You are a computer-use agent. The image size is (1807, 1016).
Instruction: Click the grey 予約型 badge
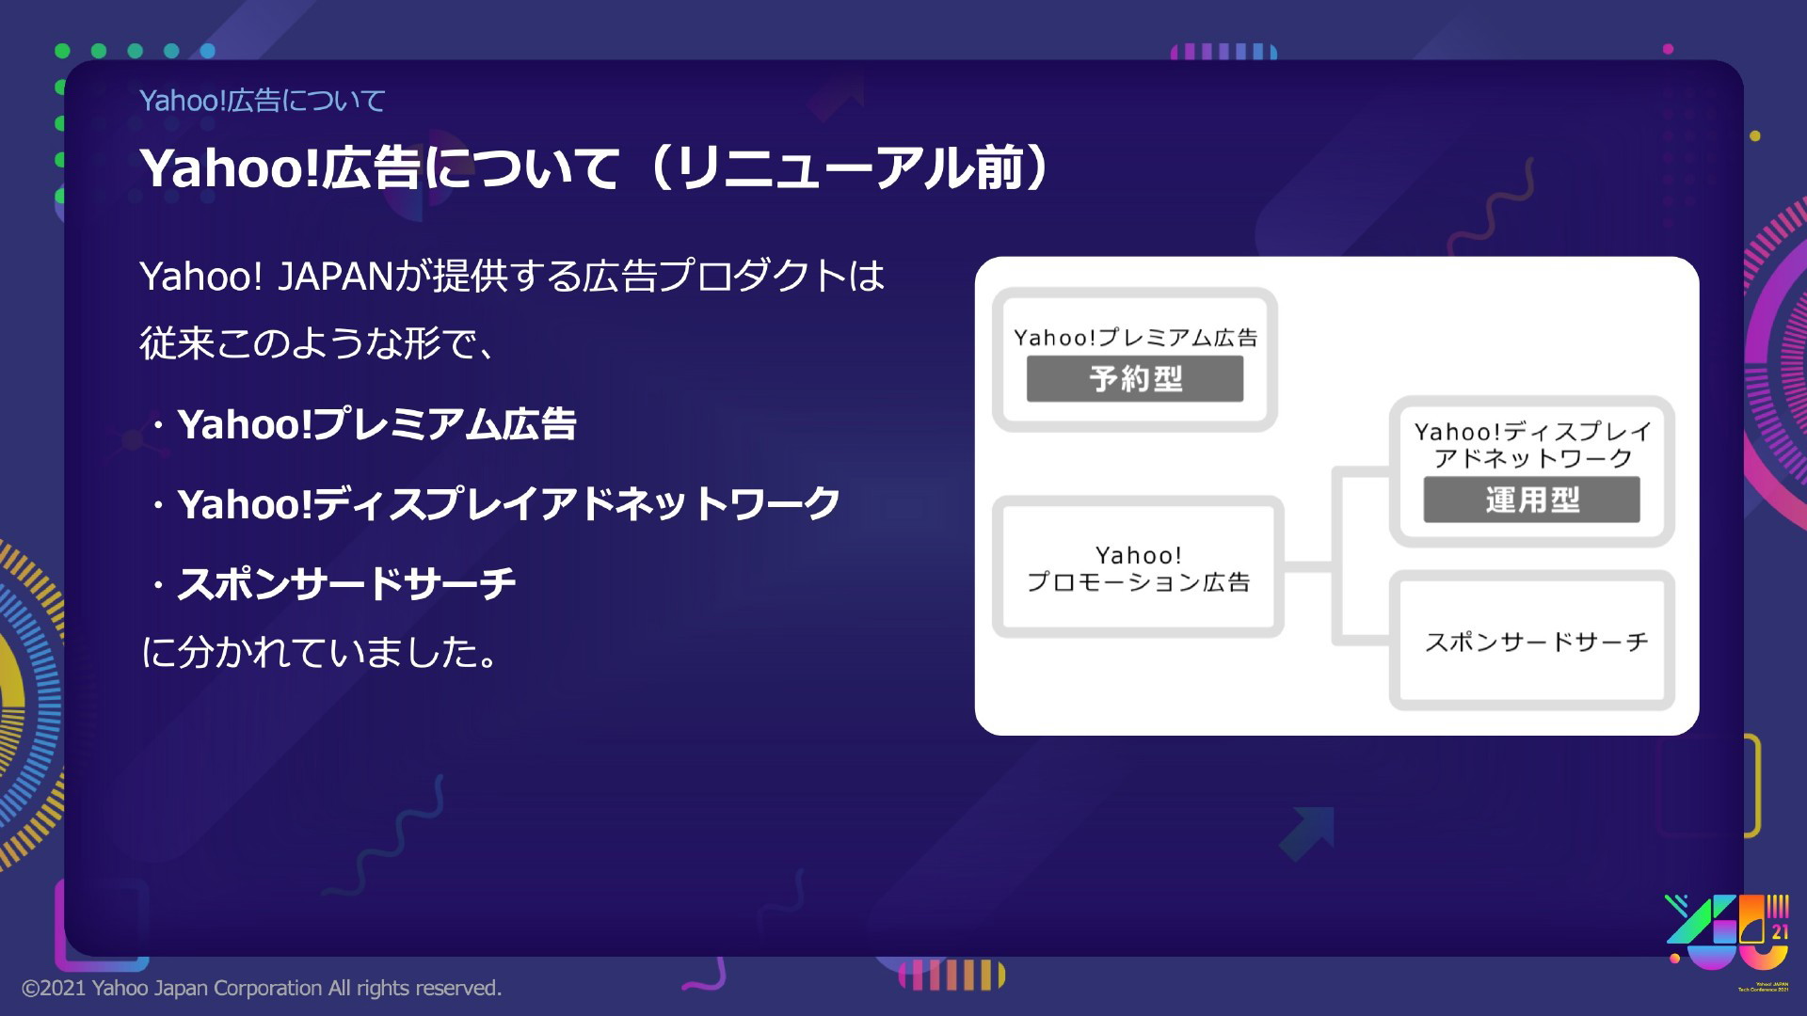click(1135, 378)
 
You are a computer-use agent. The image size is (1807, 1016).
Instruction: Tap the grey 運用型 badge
click(1532, 500)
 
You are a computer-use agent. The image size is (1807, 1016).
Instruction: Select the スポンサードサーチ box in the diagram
click(1532, 641)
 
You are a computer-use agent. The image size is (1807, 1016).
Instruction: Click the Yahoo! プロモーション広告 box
click(1138, 567)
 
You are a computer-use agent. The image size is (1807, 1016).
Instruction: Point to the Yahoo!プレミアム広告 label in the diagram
click(1135, 338)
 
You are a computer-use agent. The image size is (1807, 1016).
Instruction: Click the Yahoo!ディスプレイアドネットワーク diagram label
click(1532, 445)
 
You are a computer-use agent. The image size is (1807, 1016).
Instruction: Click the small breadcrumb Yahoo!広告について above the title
click(263, 101)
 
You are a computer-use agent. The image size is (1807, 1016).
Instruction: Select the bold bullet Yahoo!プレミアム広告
click(376, 424)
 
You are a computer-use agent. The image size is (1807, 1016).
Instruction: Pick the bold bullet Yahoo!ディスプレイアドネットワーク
click(508, 504)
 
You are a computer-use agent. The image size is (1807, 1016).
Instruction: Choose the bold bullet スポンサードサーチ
click(346, 583)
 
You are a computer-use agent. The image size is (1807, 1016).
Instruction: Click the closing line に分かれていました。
click(319, 652)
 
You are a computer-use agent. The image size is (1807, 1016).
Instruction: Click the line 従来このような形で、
click(316, 343)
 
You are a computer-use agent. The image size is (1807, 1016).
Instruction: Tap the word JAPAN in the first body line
click(335, 277)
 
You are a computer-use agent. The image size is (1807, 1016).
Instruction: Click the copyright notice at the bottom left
click(262, 988)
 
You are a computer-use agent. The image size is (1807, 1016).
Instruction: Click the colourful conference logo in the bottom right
click(1727, 931)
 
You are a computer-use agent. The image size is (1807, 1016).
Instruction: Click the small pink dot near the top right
click(1668, 49)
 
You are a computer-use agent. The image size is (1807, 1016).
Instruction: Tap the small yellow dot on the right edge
click(1754, 136)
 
